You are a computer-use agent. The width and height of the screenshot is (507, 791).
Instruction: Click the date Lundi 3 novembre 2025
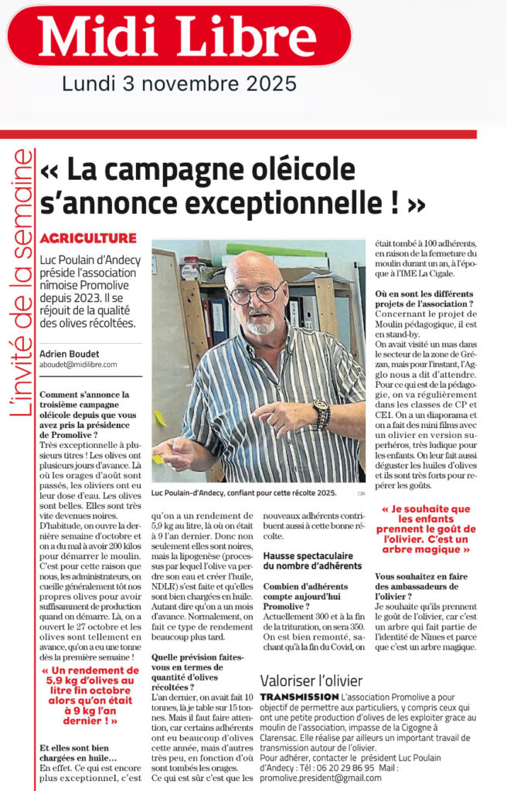(179, 82)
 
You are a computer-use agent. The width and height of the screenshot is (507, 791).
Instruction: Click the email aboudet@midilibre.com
(78, 365)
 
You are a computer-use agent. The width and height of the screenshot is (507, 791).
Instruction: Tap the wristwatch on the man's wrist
(321, 414)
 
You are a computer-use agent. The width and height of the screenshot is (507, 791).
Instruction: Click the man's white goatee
(260, 325)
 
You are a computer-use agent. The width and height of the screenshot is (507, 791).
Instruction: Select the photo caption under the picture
(248, 494)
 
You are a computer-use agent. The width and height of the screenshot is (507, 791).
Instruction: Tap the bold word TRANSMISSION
(300, 697)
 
